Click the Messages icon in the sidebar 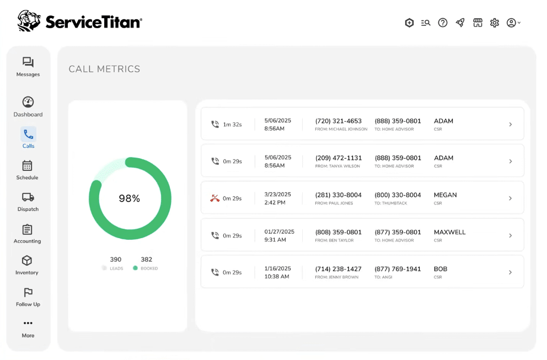click(x=28, y=62)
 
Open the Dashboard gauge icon click(x=28, y=102)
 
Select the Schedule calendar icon click(x=27, y=165)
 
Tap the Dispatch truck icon click(x=28, y=197)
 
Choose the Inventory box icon click(x=27, y=261)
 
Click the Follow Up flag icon click(x=28, y=292)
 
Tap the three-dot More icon click(x=28, y=323)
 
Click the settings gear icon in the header click(x=494, y=23)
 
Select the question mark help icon click(x=443, y=23)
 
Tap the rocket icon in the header click(x=460, y=23)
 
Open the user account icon click(x=511, y=23)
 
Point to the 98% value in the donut click(x=130, y=198)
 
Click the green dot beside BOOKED click(x=135, y=268)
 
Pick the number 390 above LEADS click(x=115, y=260)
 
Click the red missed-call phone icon click(x=214, y=198)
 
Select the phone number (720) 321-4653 click(x=339, y=121)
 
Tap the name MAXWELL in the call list click(x=449, y=232)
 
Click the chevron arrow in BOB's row click(x=511, y=272)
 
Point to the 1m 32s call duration click(x=232, y=125)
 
